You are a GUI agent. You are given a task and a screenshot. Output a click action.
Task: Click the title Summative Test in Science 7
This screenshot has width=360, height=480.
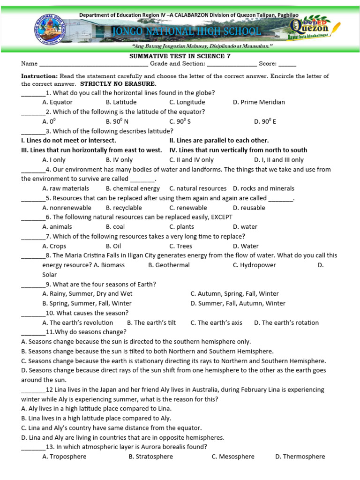pyautogui.click(x=180, y=55)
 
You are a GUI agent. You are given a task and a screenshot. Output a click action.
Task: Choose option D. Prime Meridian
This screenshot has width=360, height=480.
pyautogui.click(x=259, y=102)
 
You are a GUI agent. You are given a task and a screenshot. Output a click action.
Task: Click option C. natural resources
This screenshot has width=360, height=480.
pyautogui.click(x=198, y=188)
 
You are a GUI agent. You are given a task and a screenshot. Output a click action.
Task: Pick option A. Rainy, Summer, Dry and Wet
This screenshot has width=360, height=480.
pyautogui.click(x=87, y=294)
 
